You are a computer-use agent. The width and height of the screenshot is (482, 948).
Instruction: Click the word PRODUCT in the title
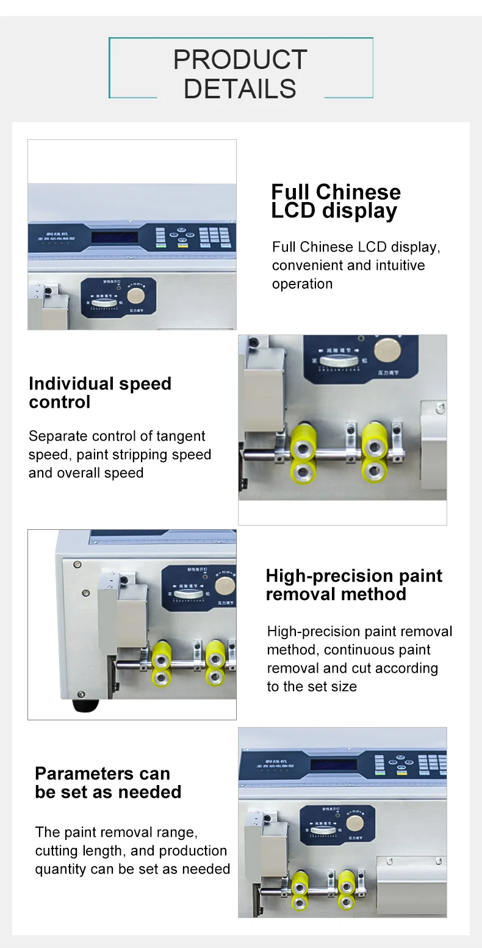240,60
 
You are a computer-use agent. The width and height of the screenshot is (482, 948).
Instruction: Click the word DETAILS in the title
240,89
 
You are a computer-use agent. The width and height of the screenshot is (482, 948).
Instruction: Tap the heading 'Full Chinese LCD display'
336,201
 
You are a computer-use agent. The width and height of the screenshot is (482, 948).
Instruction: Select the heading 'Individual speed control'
100,393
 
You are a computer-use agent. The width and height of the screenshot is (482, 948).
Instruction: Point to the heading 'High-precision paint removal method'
354,585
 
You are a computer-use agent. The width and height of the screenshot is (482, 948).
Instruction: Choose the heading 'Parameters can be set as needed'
108,783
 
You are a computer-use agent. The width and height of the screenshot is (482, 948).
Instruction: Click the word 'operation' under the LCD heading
302,284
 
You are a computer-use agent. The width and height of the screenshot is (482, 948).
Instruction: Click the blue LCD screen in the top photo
114,237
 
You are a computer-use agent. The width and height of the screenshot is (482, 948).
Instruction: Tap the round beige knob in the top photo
135,295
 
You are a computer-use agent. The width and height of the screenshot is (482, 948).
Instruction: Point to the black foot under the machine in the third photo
85,706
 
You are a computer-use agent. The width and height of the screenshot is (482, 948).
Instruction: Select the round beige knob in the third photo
225,585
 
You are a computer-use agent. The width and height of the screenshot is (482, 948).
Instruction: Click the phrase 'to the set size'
312,686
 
